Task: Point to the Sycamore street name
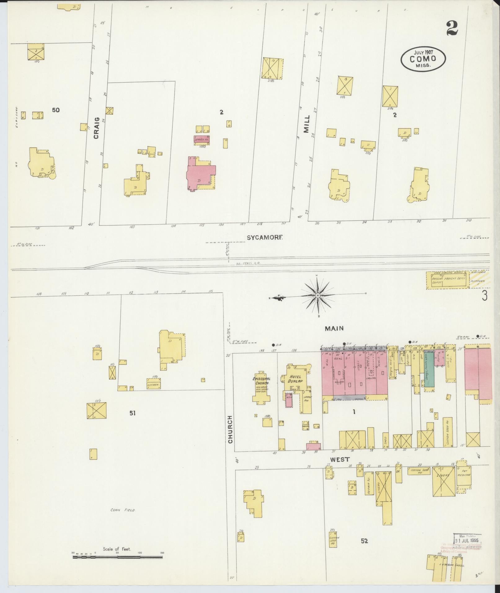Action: coord(265,237)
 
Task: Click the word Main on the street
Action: coord(334,328)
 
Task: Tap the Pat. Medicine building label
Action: coord(464,475)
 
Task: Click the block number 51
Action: coord(133,413)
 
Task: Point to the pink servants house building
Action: coord(202,139)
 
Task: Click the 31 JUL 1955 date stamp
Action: coord(467,540)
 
